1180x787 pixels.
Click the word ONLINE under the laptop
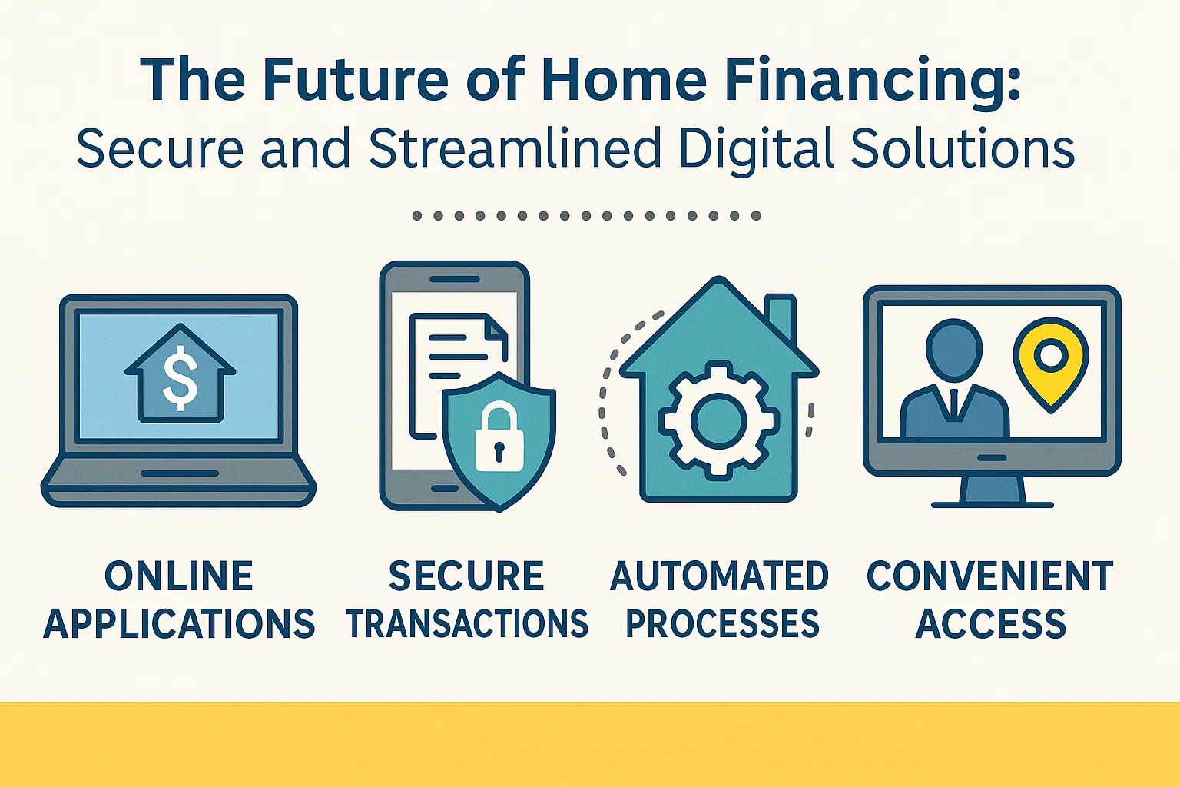point(179,576)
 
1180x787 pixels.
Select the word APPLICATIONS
point(179,623)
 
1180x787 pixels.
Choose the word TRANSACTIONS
point(467,623)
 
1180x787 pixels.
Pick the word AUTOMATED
point(719,576)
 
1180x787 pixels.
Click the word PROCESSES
point(722,623)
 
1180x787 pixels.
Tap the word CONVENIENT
point(990,576)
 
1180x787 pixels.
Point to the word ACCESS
point(991,623)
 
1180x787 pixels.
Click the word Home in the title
point(623,80)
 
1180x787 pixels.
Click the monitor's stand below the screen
point(992,489)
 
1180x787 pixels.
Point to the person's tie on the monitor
point(953,403)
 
